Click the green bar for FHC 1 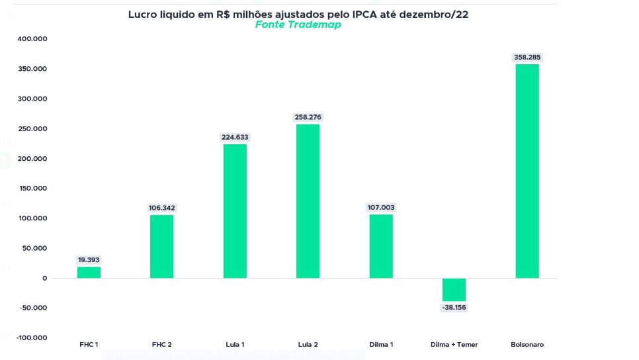coord(89,272)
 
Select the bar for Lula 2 coord(308,201)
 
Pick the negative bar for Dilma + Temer coord(454,290)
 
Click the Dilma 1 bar coord(381,246)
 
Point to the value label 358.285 coord(527,58)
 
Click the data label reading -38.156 coord(454,308)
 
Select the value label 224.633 coord(235,138)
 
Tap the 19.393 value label coord(89,260)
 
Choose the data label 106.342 coord(162,208)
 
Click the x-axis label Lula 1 coord(235,344)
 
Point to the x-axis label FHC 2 coord(162,344)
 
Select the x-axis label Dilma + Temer coord(454,344)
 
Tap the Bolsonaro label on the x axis coord(527,344)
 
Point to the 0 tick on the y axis coord(44,278)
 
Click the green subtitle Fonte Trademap coord(298,25)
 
